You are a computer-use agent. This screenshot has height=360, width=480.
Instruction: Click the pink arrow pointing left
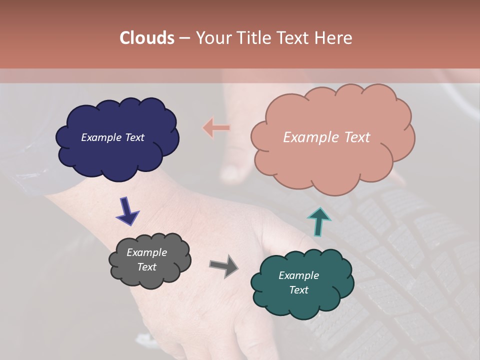tap(216, 128)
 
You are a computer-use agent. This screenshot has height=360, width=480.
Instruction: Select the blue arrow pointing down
tap(127, 210)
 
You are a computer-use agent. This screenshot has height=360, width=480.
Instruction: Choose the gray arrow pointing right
tap(223, 265)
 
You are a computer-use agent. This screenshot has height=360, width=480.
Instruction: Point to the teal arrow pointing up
tap(318, 221)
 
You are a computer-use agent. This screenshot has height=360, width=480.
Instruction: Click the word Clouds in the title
tap(147, 38)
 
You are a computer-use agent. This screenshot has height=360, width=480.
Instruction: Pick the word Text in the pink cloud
tap(353, 137)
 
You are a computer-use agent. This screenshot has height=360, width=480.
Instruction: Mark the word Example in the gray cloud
tap(146, 252)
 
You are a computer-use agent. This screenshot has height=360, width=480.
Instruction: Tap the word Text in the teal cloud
tap(298, 290)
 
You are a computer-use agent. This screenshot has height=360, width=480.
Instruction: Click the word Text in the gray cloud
tap(146, 267)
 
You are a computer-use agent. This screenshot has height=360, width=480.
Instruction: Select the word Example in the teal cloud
tap(298, 275)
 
